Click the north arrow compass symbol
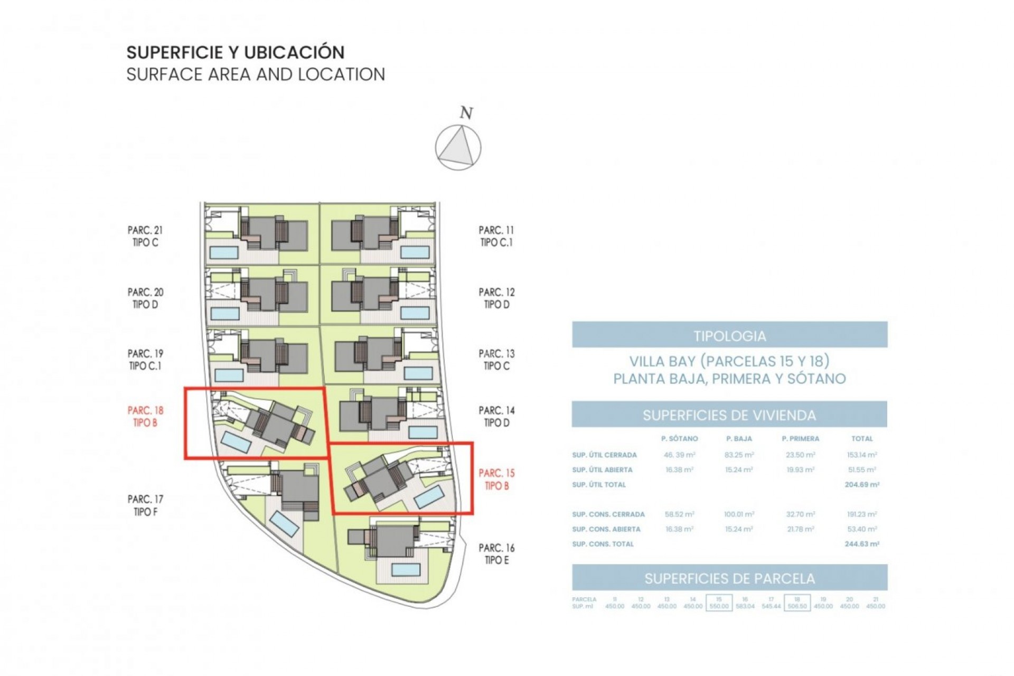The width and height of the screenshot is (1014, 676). click(x=458, y=147)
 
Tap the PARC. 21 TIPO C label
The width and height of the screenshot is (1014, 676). click(x=145, y=236)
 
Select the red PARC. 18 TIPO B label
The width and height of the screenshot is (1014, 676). click(x=145, y=416)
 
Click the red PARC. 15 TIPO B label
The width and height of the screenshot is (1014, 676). click(x=496, y=479)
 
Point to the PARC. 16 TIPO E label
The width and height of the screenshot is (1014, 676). click(x=496, y=554)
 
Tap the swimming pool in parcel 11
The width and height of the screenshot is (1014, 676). click(x=415, y=252)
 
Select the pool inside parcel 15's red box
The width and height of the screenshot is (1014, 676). click(x=429, y=497)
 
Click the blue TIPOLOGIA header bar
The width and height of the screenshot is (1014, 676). click(x=729, y=335)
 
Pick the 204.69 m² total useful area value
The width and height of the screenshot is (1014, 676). click(x=861, y=484)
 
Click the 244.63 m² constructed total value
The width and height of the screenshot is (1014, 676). click(x=861, y=543)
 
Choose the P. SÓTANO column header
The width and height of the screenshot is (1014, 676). click(x=679, y=438)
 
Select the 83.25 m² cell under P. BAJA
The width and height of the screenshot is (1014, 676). click(x=739, y=455)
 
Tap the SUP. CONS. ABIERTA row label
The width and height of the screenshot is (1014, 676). click(x=606, y=529)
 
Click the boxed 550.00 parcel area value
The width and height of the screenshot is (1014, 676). click(x=719, y=606)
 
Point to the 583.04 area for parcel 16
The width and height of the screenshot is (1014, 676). click(x=745, y=606)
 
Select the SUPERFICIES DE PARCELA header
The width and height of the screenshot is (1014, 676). click(x=729, y=578)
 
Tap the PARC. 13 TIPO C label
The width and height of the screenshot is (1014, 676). click(x=496, y=359)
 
